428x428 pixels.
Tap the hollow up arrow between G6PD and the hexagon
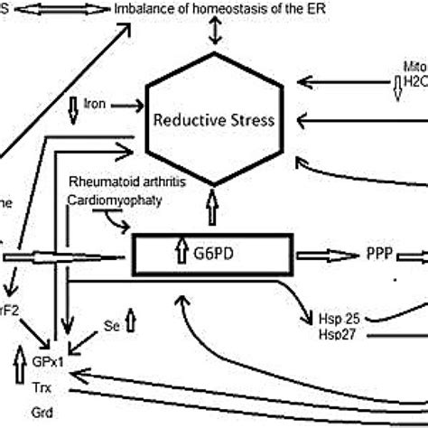tap(213, 209)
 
